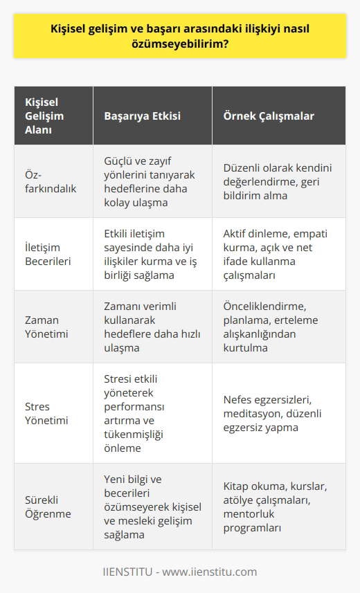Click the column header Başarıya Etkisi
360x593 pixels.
click(x=142, y=116)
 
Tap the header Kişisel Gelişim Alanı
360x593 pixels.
click(x=44, y=116)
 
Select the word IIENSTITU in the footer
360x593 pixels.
click(x=127, y=572)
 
